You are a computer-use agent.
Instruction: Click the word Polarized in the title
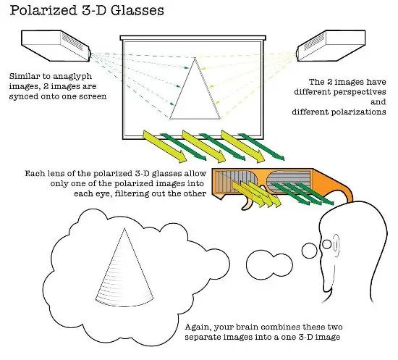point(43,11)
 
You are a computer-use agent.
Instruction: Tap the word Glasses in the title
point(137,10)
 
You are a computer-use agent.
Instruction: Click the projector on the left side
point(56,46)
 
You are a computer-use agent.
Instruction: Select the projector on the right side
point(331,46)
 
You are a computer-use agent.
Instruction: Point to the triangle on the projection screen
point(195,88)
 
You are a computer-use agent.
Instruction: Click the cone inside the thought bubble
point(124,267)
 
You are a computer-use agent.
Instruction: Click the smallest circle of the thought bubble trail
point(310,251)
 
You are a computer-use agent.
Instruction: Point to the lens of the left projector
point(89,54)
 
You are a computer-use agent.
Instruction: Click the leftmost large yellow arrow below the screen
point(164,146)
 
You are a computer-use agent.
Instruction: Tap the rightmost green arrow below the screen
point(262,147)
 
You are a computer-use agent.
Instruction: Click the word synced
point(23,97)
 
